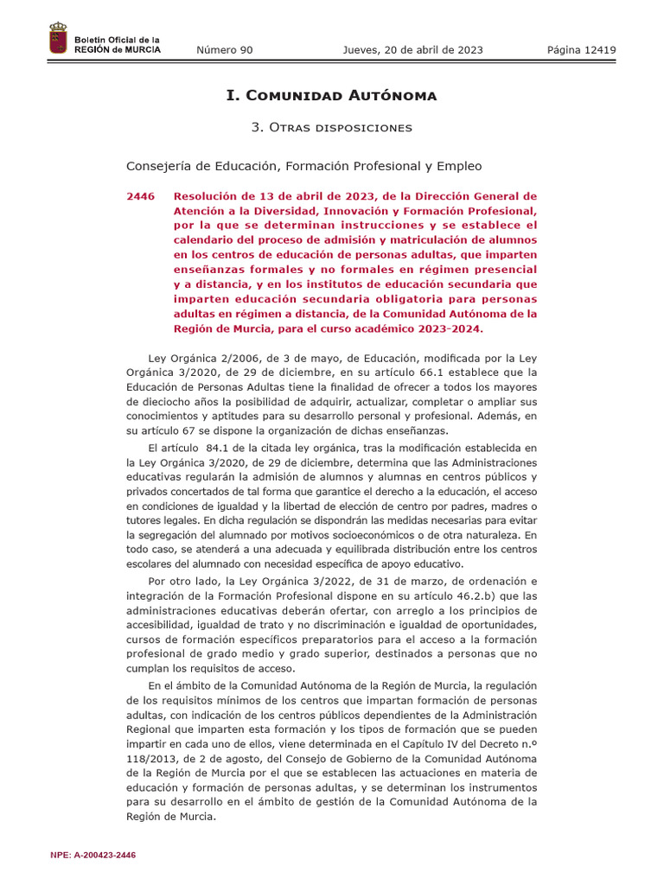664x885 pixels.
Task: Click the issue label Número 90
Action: tap(225, 50)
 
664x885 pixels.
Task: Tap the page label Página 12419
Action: tap(581, 50)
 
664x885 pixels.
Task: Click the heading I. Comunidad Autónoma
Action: tap(331, 95)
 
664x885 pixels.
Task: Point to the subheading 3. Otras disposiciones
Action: tap(331, 127)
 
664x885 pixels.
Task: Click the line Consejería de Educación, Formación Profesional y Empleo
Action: tap(304, 166)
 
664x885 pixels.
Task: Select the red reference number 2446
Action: tap(140, 197)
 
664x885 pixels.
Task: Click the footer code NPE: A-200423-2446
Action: tap(93, 855)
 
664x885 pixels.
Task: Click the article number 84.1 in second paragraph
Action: tap(220, 448)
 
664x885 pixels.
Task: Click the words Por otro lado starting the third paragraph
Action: tap(186, 581)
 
